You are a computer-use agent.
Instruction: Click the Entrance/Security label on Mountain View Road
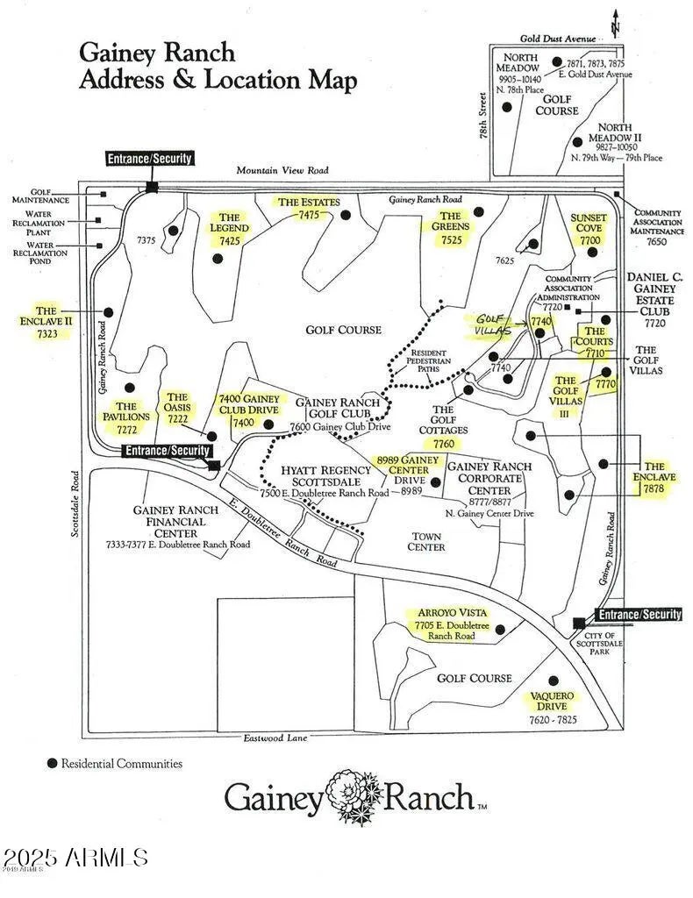[149, 159]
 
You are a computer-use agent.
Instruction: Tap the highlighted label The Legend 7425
[230, 229]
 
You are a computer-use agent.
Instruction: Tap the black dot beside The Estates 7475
[346, 215]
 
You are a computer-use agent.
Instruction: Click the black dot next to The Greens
[479, 211]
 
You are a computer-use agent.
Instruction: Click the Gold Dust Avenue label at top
[558, 39]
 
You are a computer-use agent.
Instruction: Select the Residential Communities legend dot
[53, 764]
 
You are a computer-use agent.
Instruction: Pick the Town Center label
[426, 541]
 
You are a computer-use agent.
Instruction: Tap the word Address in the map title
[121, 81]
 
